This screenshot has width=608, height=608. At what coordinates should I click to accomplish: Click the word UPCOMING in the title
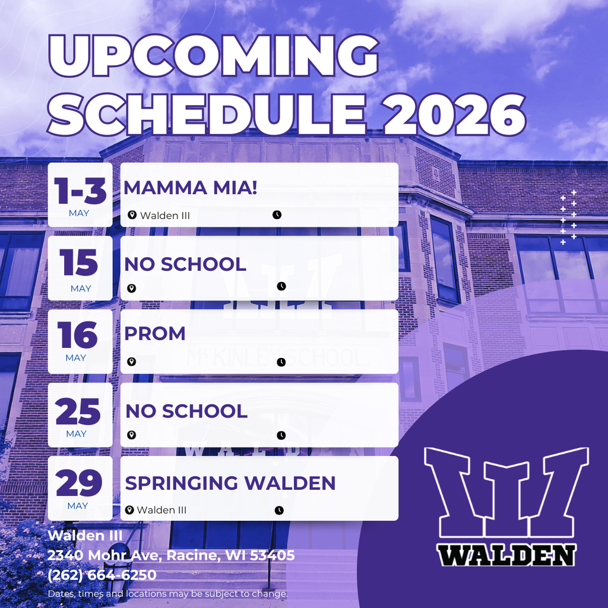[x=214, y=56]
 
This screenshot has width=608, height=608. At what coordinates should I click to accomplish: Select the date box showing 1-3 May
[x=80, y=195]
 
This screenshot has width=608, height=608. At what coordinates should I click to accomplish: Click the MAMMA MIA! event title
[x=190, y=188]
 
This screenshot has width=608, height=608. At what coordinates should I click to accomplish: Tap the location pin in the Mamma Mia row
[x=132, y=215]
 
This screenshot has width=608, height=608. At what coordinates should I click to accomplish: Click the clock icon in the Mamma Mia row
[x=277, y=215]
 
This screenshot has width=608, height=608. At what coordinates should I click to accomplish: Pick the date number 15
[x=80, y=263]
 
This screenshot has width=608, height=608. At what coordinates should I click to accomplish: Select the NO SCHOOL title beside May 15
[x=185, y=264]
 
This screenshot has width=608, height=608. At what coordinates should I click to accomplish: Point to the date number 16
[x=77, y=335]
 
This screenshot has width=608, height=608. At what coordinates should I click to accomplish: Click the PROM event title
[x=154, y=334]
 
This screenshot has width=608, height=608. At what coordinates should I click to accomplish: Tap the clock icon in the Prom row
[x=281, y=362]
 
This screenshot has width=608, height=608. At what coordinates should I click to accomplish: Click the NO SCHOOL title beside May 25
[x=186, y=411]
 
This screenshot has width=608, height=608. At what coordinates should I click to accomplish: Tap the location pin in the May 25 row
[x=132, y=435]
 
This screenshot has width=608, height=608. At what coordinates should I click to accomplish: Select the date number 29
[x=79, y=483]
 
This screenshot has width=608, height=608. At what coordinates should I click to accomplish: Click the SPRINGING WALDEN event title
[x=230, y=483]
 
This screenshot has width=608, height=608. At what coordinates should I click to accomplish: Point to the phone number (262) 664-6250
[x=102, y=575]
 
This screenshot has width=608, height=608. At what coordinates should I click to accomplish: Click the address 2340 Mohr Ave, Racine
[x=171, y=555]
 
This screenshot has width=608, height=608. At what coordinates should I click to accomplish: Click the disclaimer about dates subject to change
[x=168, y=593]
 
